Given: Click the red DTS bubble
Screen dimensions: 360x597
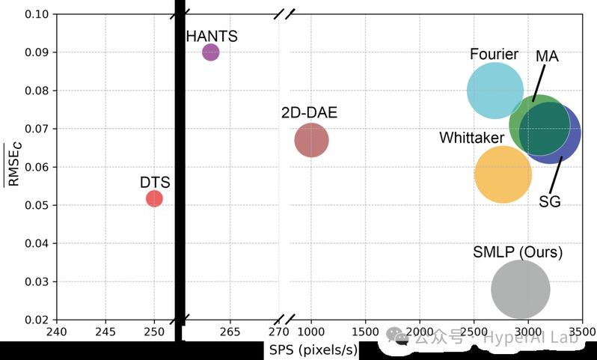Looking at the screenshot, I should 154,198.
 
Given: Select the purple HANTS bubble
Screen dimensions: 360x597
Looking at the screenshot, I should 211,52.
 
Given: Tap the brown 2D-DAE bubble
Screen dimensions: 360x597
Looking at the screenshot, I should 311,140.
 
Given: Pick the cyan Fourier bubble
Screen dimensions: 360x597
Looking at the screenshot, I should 494,90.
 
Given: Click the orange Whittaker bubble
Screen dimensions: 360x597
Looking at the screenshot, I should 503,174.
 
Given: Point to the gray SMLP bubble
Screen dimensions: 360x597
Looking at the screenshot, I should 521,290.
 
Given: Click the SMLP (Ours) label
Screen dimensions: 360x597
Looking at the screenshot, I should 518,252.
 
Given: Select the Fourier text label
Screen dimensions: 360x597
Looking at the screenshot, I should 495,55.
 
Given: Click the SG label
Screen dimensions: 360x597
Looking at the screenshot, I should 550,201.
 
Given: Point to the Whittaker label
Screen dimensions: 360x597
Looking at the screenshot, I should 471,138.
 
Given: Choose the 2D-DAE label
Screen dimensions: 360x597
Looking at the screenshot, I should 310,114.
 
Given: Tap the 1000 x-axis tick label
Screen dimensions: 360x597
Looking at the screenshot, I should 311,332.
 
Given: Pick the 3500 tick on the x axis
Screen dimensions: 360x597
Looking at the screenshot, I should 581,332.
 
